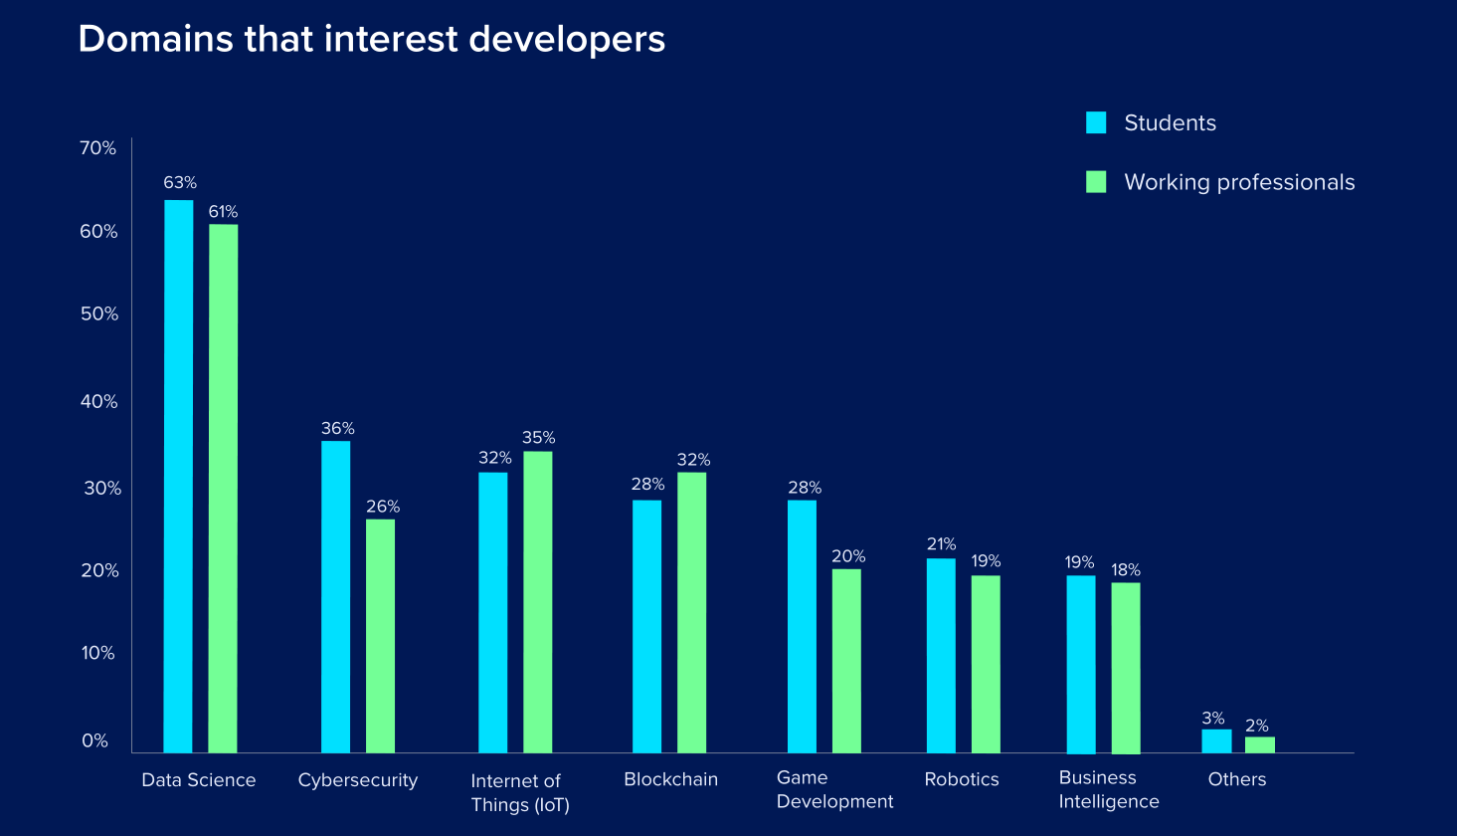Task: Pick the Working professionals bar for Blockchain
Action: (x=691, y=611)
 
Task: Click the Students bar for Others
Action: (x=1216, y=740)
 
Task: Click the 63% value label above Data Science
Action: (x=180, y=183)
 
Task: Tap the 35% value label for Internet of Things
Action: (x=538, y=438)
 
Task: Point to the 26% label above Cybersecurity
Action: (x=383, y=507)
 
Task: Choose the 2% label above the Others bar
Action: (x=1257, y=727)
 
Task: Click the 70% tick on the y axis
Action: (x=98, y=148)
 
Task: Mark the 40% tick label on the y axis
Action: (x=98, y=402)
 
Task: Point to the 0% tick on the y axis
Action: (x=94, y=741)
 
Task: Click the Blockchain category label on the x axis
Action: (x=670, y=779)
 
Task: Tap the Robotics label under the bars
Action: (x=962, y=779)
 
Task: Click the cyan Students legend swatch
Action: (x=1096, y=122)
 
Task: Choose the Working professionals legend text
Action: (x=1239, y=182)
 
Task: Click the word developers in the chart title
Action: (x=567, y=39)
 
